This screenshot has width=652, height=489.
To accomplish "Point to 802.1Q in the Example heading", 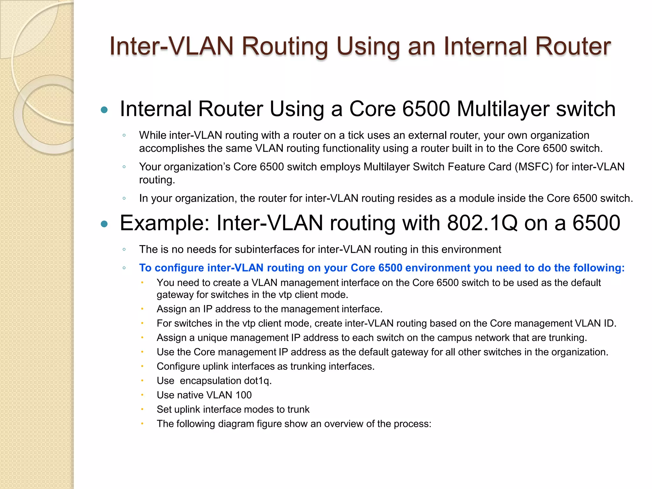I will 482,223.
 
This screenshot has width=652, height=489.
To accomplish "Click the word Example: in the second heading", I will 165,223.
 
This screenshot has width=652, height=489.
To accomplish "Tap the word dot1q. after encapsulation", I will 258,381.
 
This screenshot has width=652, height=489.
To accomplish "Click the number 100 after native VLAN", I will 244,395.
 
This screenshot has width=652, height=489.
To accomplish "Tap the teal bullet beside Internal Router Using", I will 104,110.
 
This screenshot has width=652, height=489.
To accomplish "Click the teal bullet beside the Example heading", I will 104,224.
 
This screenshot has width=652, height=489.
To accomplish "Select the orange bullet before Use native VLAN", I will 142,395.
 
